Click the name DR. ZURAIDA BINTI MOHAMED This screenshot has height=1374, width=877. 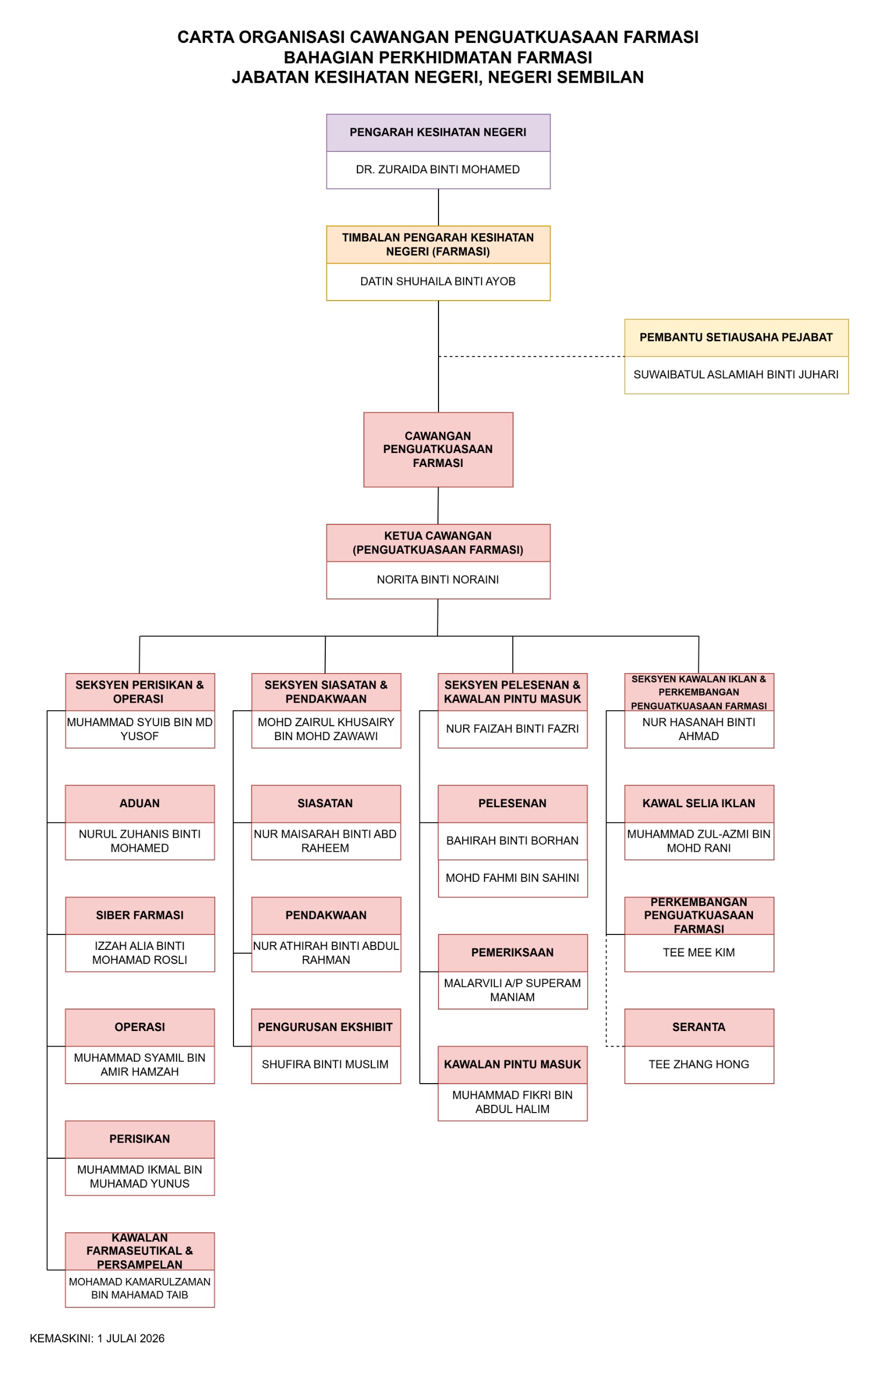click(437, 170)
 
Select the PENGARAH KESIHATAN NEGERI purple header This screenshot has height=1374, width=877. click(438, 133)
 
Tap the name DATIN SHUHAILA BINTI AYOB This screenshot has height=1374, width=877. click(437, 281)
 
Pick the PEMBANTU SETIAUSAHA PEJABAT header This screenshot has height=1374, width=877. click(736, 338)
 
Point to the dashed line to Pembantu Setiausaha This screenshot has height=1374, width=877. click(531, 356)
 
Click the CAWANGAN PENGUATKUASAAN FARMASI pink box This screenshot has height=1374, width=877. click(438, 450)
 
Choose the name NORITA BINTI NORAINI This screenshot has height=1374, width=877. click(437, 580)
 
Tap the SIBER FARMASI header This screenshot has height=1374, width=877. click(140, 915)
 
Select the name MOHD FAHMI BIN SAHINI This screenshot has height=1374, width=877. click(513, 878)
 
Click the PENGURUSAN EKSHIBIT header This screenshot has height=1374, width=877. click(326, 1027)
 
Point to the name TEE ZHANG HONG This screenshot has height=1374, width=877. click(699, 1064)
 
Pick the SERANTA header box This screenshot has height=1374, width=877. click(699, 1027)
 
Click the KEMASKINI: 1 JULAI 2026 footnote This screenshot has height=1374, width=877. click(97, 1339)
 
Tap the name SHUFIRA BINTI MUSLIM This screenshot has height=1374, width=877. click(325, 1064)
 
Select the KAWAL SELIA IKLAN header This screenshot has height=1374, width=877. click(699, 803)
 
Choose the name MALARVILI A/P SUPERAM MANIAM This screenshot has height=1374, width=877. click(513, 990)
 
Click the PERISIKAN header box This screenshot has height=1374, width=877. click(140, 1139)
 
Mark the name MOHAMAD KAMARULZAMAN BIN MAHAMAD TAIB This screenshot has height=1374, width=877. click(140, 1288)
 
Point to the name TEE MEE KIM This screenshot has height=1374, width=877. click(699, 952)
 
